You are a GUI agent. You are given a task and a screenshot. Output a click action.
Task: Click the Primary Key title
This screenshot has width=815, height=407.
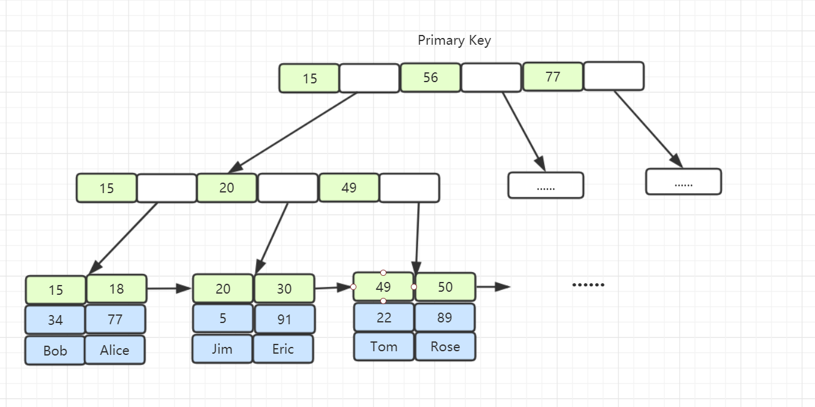(454, 40)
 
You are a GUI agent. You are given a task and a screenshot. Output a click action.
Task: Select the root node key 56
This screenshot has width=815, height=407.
(430, 77)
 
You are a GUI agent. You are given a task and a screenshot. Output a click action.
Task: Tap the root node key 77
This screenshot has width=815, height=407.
(553, 77)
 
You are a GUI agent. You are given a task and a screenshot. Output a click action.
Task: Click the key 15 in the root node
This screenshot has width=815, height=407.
(309, 78)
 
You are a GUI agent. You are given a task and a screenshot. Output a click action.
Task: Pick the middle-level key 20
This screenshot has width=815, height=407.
(227, 188)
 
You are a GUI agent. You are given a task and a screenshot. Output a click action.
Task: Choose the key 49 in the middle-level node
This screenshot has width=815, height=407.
(349, 188)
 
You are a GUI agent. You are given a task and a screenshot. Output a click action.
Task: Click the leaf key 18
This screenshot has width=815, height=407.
(116, 289)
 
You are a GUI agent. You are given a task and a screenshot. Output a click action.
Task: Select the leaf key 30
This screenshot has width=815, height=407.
(284, 289)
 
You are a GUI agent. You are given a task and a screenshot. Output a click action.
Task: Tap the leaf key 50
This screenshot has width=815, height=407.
(445, 287)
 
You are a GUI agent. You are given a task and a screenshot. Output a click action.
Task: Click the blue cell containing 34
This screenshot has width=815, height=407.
(55, 320)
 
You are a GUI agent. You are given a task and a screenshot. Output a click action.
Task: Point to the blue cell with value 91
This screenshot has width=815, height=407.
(285, 319)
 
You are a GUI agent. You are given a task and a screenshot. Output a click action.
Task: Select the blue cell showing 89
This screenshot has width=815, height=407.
(445, 318)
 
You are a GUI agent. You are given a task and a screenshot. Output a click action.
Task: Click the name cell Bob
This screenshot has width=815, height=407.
(55, 350)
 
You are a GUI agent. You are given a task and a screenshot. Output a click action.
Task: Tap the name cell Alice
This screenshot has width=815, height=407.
(115, 350)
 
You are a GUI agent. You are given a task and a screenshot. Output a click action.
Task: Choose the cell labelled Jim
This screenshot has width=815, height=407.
(222, 349)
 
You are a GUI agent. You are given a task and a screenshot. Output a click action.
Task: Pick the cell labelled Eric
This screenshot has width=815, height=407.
(283, 349)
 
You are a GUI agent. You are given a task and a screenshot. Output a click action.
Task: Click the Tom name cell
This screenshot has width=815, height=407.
(384, 346)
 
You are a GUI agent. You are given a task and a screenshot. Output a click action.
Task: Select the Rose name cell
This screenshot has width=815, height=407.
(445, 346)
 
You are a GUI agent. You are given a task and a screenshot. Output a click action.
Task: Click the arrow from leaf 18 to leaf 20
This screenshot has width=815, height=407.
(169, 289)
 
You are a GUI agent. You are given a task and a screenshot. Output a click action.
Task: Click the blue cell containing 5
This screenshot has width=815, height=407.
(223, 319)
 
